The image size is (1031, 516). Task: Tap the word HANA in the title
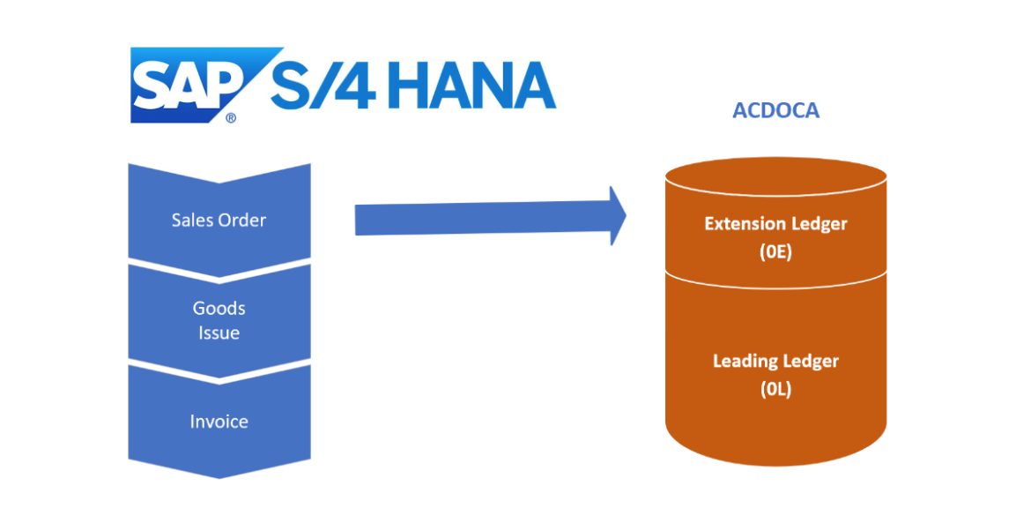pyautogui.click(x=472, y=86)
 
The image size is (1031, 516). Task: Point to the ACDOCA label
pyautogui.click(x=775, y=112)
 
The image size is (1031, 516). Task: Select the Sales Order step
pyautogui.click(x=219, y=220)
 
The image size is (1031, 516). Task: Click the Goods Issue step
pyautogui.click(x=219, y=320)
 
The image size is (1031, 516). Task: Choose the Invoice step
pyautogui.click(x=219, y=422)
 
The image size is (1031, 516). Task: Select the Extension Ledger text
pyautogui.click(x=775, y=224)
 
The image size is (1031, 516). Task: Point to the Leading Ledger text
pyautogui.click(x=775, y=361)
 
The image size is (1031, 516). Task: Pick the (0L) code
pyautogui.click(x=775, y=388)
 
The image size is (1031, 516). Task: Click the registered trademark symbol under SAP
pyautogui.click(x=231, y=116)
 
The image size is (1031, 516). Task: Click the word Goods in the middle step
pyautogui.click(x=219, y=308)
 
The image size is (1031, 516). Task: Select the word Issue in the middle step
pyautogui.click(x=219, y=333)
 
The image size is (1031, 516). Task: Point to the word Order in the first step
pyautogui.click(x=242, y=220)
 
